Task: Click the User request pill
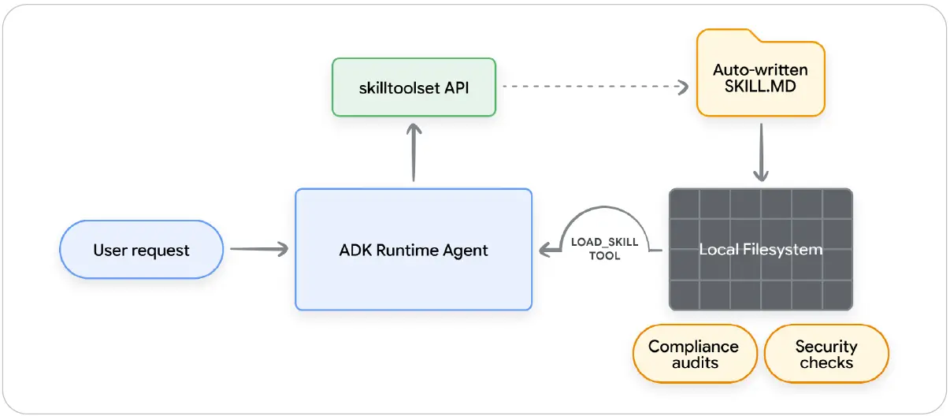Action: [x=141, y=249]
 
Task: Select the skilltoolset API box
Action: [x=414, y=87]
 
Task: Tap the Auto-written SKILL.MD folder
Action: [x=761, y=73]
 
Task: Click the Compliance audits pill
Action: [x=695, y=354]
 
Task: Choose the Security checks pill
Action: [x=826, y=354]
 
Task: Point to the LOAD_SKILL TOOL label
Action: [x=604, y=249]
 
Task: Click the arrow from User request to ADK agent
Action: [x=259, y=249]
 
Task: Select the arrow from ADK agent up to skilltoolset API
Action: [x=414, y=152]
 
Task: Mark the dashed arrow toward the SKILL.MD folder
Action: [x=596, y=87]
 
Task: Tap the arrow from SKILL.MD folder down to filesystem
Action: [x=761, y=152]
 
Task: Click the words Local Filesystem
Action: [x=761, y=249]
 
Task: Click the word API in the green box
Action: [x=456, y=87]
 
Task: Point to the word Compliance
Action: [x=693, y=347]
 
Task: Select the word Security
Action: [x=826, y=347]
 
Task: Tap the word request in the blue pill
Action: [x=161, y=251]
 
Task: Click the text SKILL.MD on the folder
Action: [x=760, y=86]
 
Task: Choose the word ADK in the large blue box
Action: [x=355, y=250]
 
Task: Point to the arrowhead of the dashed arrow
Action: [x=683, y=87]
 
